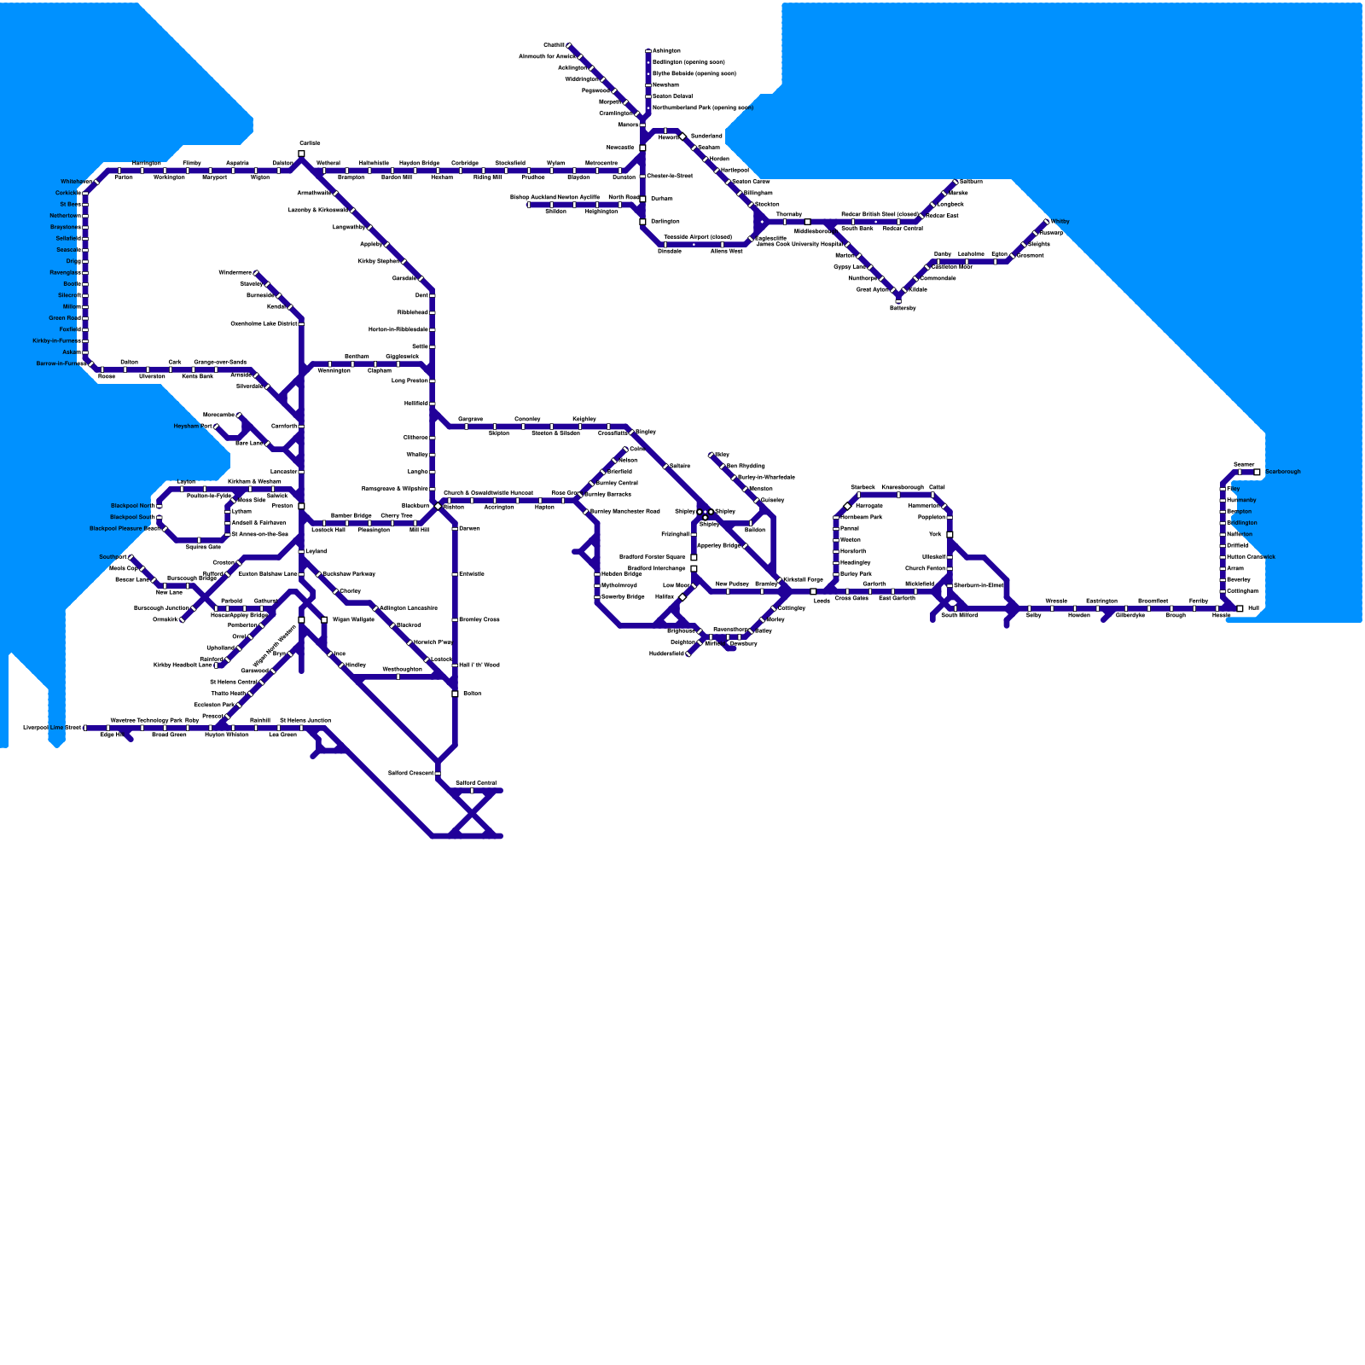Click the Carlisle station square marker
pos(301,154)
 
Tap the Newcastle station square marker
pos(642,148)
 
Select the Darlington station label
pos(665,222)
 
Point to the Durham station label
pos(661,199)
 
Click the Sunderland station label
pos(706,136)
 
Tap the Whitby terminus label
pos(1060,222)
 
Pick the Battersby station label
pos(903,308)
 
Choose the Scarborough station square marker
pos(1257,472)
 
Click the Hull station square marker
pos(1240,608)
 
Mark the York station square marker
pos(950,535)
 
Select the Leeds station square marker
pos(813,591)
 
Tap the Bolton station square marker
pos(455,694)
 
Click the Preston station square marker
pos(301,506)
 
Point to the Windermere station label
pos(235,273)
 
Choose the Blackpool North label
pos(133,506)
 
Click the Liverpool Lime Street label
pos(52,728)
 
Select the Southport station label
pos(113,557)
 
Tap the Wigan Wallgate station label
pos(353,620)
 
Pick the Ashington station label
pos(666,51)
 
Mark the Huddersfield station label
pos(667,654)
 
